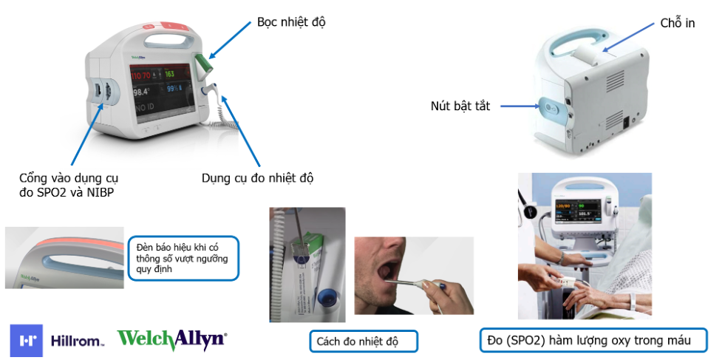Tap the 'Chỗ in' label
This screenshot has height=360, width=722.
coord(678,24)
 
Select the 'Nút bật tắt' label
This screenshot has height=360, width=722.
coord(460,106)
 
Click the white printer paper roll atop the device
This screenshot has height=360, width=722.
coord(586,54)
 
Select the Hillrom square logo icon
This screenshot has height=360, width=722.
coord(27,341)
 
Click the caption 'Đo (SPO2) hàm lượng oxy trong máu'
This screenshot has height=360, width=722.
coord(593,341)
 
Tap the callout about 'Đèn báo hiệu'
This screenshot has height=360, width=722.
coord(183,258)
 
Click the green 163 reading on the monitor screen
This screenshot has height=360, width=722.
coord(170,75)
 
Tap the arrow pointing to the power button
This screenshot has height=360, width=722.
coord(520,106)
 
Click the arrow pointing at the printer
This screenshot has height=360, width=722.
coord(628,37)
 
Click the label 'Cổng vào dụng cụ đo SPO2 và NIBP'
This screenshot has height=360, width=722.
coord(72,185)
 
